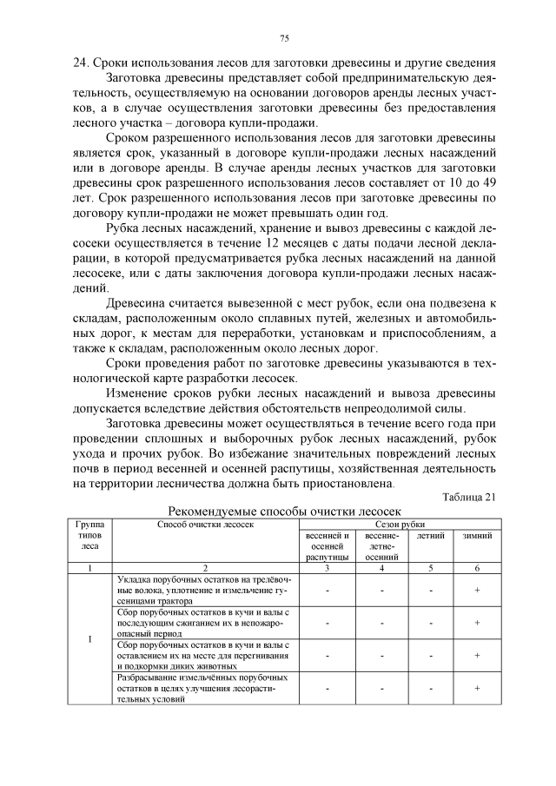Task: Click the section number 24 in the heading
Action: (81, 62)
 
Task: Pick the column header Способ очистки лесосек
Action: (205, 525)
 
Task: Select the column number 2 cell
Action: (205, 567)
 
